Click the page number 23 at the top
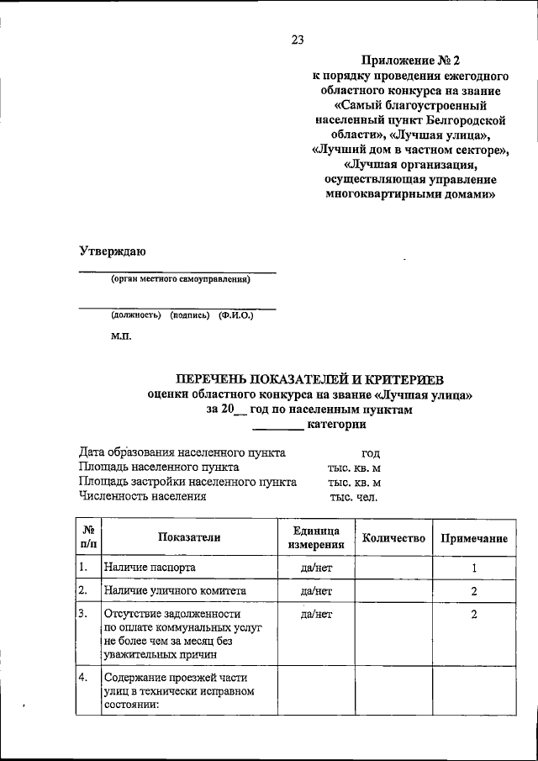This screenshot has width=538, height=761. [297, 39]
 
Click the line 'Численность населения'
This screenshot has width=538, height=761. [143, 496]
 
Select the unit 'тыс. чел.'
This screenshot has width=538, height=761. [354, 496]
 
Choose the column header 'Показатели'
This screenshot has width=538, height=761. [188, 538]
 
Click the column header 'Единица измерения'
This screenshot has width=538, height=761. [316, 538]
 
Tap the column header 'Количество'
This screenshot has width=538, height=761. [393, 538]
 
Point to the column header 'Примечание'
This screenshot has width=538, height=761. [474, 538]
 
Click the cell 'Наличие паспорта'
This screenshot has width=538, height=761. [150, 568]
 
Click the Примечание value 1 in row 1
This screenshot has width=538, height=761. [474, 568]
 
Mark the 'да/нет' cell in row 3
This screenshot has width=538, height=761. [316, 615]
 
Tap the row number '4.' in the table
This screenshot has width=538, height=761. [83, 677]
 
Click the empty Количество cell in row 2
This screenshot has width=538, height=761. [393, 591]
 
